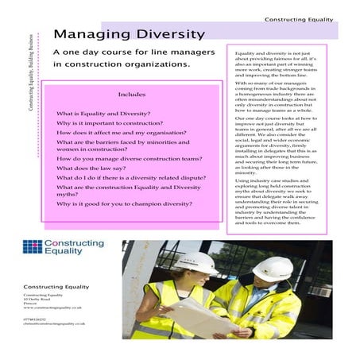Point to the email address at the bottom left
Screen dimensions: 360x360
[x=54, y=325]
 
